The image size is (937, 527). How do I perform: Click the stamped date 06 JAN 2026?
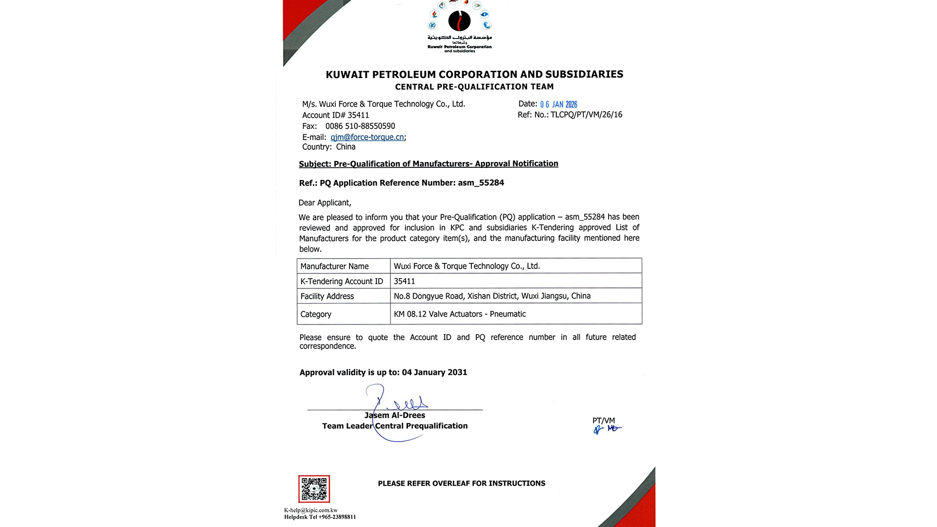click(558, 104)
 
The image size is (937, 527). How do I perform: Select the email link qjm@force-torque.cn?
click(367, 138)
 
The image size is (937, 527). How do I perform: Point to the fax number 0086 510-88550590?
click(360, 126)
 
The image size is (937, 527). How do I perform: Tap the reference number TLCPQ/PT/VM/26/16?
click(586, 115)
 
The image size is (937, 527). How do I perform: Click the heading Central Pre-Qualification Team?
click(474, 87)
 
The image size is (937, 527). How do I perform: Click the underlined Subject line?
click(428, 164)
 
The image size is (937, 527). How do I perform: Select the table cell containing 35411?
click(516, 281)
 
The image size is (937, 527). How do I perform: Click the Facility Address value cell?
click(516, 296)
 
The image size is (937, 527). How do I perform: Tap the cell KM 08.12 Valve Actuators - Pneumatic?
click(516, 314)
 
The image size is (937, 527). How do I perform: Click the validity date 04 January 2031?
click(434, 372)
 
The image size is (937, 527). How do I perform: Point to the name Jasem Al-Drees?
click(394, 415)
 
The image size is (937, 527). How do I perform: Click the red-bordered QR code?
click(314, 489)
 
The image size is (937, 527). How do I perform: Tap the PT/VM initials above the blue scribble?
click(603, 421)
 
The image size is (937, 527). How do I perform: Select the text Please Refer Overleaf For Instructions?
click(461, 484)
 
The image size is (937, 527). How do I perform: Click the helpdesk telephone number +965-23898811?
click(337, 517)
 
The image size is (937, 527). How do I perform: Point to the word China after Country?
click(346, 147)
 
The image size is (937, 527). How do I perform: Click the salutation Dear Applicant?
click(325, 203)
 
